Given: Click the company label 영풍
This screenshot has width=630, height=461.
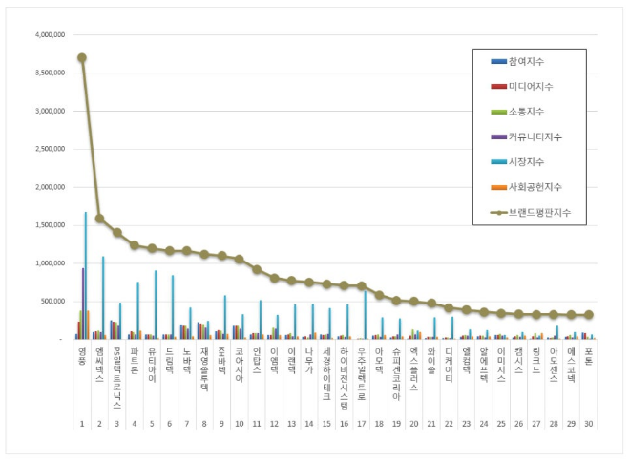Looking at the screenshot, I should coord(82,355).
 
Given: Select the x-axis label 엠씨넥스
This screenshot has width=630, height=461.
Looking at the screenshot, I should coord(99,362).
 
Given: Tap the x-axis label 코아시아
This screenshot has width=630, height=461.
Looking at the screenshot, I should coord(239,362).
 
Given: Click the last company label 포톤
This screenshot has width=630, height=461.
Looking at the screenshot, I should coord(588,355).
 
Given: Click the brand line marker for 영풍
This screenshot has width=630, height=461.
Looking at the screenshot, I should coord(82,57).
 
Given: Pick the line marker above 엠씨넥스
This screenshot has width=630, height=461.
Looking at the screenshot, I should coord(99,219).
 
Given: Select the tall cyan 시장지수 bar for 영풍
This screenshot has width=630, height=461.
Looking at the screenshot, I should coord(86,277).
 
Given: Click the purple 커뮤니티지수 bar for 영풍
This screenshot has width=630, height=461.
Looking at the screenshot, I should coord(83,304).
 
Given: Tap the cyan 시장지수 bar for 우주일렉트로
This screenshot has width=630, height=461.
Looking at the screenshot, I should coord(365,315).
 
